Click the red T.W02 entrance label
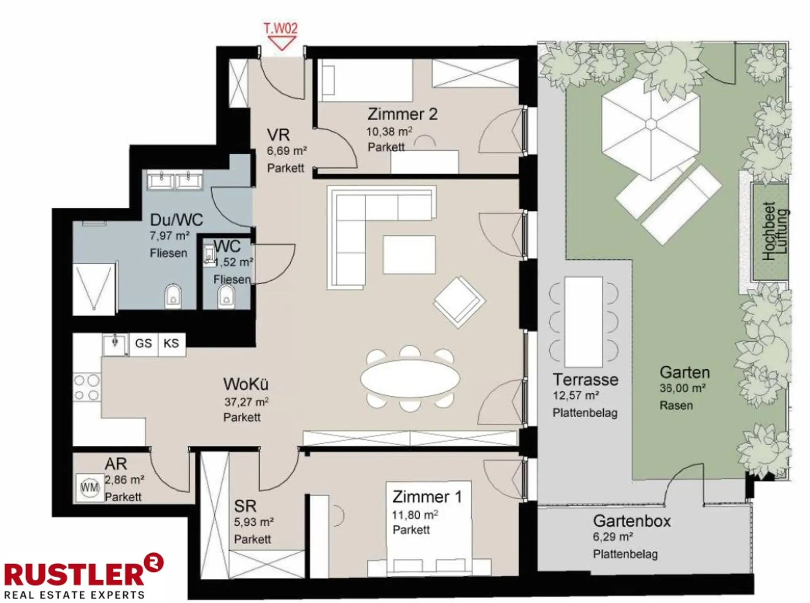pyautogui.click(x=281, y=29)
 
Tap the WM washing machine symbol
pyautogui.click(x=89, y=488)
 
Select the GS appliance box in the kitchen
pyautogui.click(x=143, y=343)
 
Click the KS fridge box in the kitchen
pyautogui.click(x=171, y=343)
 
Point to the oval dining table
pyautogui.click(x=410, y=378)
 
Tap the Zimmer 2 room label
pyautogui.click(x=402, y=114)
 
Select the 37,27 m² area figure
pyautogui.click(x=246, y=402)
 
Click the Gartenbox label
pyautogui.click(x=632, y=521)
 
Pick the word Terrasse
pyautogui.click(x=586, y=380)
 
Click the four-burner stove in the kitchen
pyautogui.click(x=87, y=387)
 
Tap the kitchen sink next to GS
pyautogui.click(x=115, y=345)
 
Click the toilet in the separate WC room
pyautogui.click(x=227, y=296)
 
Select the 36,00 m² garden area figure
pyautogui.click(x=683, y=388)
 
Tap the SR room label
pyautogui.click(x=245, y=506)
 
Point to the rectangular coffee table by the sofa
pyautogui.click(x=409, y=254)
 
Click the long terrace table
pyautogui.click(x=583, y=322)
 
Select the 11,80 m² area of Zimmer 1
pyautogui.click(x=415, y=515)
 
